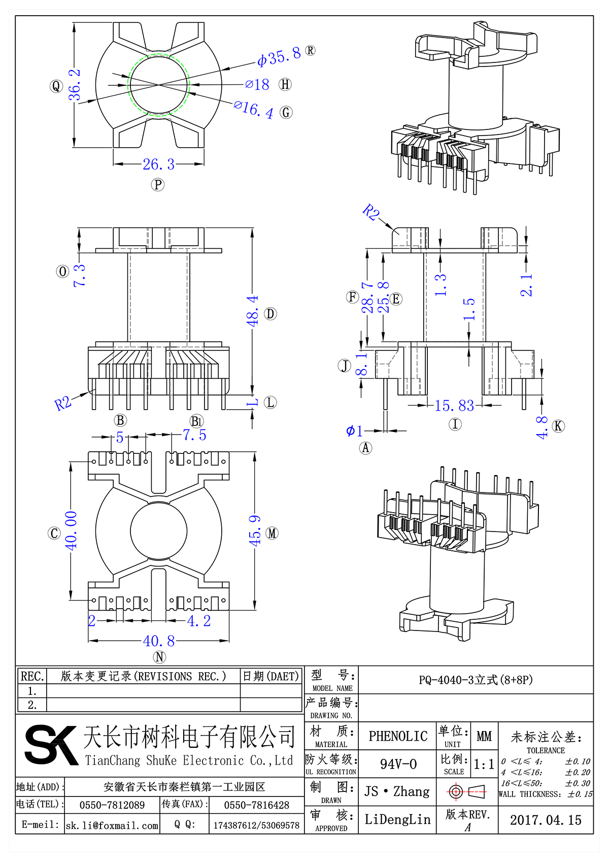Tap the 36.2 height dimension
pyautogui.click(x=75, y=85)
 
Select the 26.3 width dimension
pyautogui.click(x=158, y=164)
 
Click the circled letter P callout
pyautogui.click(x=158, y=184)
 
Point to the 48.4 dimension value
pyautogui.click(x=252, y=311)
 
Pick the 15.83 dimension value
pyautogui.click(x=454, y=406)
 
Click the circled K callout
pyautogui.click(x=558, y=426)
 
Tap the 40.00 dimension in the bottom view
pyautogui.click(x=71, y=531)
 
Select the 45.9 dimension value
pyautogui.click(x=255, y=531)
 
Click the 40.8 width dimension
pyautogui.click(x=159, y=641)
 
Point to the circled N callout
pyautogui.click(x=159, y=657)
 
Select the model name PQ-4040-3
pyautogui.click(x=476, y=680)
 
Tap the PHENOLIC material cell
pyautogui.click(x=398, y=736)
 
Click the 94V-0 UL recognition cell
pyautogui.click(x=398, y=764)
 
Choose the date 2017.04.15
pyautogui.click(x=546, y=820)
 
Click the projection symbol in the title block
pyautogui.click(x=467, y=791)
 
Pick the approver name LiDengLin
pyautogui.click(x=397, y=819)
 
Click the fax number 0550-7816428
pyautogui.click(x=256, y=805)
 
